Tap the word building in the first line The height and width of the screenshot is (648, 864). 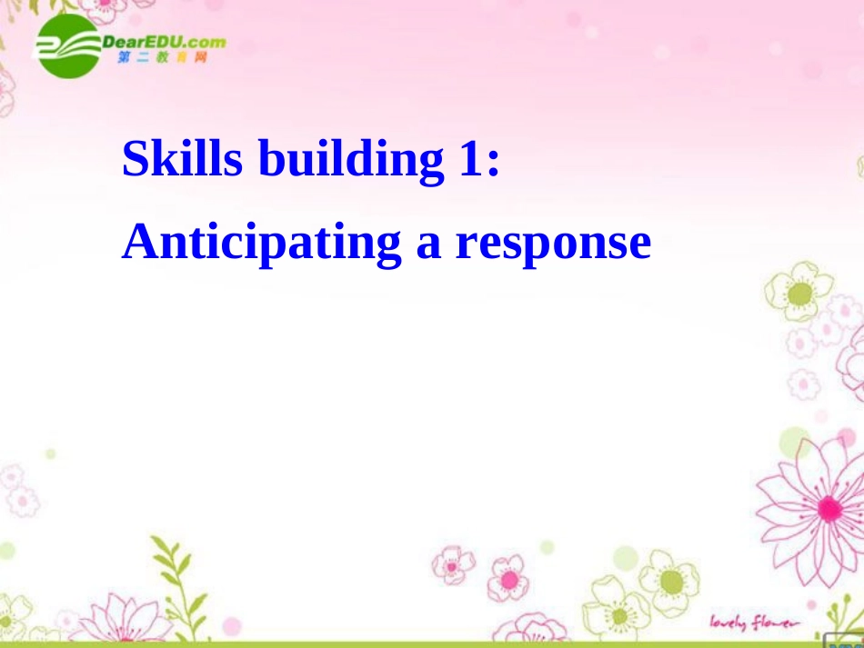tap(347, 160)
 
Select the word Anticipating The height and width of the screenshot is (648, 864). tap(262, 244)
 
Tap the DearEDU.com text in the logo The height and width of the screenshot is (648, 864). tap(164, 41)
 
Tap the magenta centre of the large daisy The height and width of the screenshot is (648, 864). tap(828, 508)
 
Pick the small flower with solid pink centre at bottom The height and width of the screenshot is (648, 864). tap(508, 579)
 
